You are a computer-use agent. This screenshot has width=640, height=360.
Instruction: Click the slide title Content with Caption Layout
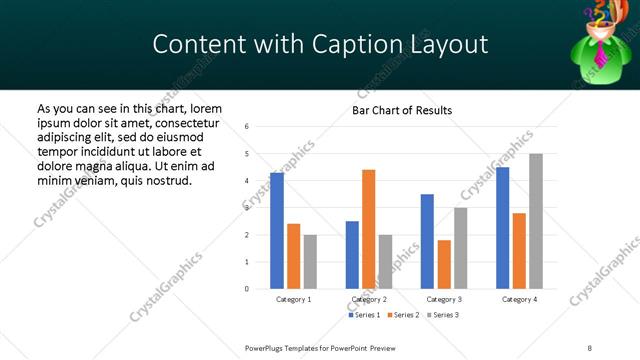pyautogui.click(x=320, y=45)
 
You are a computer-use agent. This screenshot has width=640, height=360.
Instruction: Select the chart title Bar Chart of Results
pyautogui.click(x=402, y=110)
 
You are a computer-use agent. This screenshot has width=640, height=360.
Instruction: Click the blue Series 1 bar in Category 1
pyautogui.click(x=277, y=231)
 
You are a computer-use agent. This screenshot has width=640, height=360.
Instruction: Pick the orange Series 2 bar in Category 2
pyautogui.click(x=369, y=229)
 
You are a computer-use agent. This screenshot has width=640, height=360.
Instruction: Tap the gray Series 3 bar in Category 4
pyautogui.click(x=536, y=221)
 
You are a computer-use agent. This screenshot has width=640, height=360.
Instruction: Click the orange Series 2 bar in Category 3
pyautogui.click(x=444, y=264)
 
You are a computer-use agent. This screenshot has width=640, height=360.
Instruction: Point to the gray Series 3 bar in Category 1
pyautogui.click(x=311, y=262)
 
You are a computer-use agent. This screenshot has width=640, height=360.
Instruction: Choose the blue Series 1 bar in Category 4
pyautogui.click(x=502, y=228)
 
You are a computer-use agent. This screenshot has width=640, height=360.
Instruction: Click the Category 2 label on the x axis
pyautogui.click(x=369, y=299)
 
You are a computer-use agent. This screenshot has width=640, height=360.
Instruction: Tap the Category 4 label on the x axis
pyautogui.click(x=519, y=299)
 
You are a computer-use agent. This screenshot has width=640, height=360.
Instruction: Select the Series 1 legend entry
pyautogui.click(x=364, y=315)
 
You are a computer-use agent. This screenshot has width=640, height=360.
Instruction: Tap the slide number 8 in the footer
pyautogui.click(x=590, y=347)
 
